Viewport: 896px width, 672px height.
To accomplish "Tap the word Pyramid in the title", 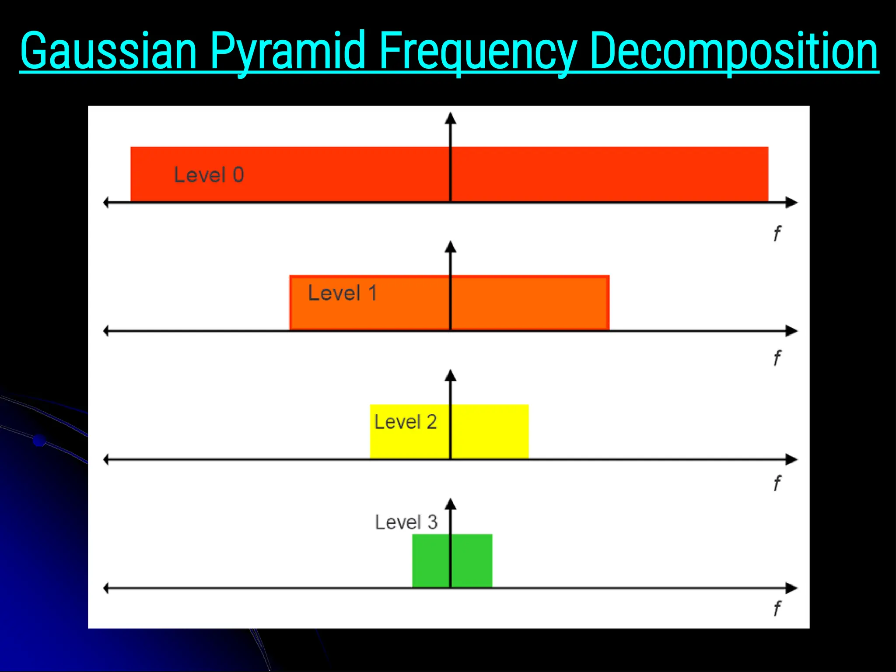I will click(x=287, y=52).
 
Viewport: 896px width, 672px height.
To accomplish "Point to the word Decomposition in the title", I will click(x=733, y=52).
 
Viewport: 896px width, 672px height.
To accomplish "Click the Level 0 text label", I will click(x=209, y=175).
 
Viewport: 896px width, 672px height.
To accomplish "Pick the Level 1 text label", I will click(x=342, y=293).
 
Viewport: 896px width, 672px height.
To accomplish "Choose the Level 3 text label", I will click(x=406, y=522).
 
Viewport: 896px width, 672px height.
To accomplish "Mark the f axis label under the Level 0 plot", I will click(x=777, y=234).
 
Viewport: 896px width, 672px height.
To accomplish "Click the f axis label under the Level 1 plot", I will click(x=777, y=358).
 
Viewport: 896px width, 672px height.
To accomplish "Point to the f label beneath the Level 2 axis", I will click(x=777, y=483).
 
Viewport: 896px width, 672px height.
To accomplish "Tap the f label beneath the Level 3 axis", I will click(x=777, y=609).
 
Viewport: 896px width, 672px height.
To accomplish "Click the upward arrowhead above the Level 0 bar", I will click(x=450, y=119).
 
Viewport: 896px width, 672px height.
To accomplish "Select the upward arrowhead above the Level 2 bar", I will click(x=450, y=376).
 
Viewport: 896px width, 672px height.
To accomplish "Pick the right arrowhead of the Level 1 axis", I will click(x=792, y=331).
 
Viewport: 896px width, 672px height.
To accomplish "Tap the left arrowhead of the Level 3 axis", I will click(x=106, y=588).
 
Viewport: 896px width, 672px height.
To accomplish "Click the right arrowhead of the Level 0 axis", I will click(x=792, y=203).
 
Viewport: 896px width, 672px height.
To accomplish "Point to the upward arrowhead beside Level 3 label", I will click(x=450, y=504).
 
